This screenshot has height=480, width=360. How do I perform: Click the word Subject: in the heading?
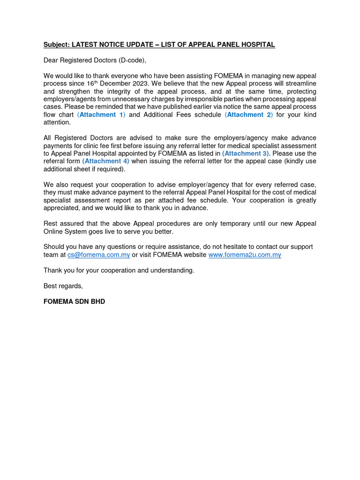(x=57, y=45)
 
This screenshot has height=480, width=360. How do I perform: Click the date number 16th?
(x=92, y=83)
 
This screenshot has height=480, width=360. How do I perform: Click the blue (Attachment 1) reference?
(x=101, y=115)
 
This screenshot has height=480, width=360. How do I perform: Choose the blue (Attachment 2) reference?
(x=249, y=115)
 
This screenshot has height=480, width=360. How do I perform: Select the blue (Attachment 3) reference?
(x=246, y=154)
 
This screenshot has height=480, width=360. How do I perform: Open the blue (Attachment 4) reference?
(x=105, y=161)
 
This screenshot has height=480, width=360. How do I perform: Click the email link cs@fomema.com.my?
(x=98, y=255)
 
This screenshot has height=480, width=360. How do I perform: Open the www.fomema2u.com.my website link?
(x=245, y=255)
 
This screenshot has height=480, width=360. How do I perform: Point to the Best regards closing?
(x=63, y=286)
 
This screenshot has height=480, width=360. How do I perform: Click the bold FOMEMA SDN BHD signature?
(x=74, y=301)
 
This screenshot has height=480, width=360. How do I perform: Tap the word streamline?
(x=300, y=83)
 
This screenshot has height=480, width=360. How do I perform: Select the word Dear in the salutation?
(x=52, y=60)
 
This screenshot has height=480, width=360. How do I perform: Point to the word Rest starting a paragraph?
(x=51, y=224)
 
